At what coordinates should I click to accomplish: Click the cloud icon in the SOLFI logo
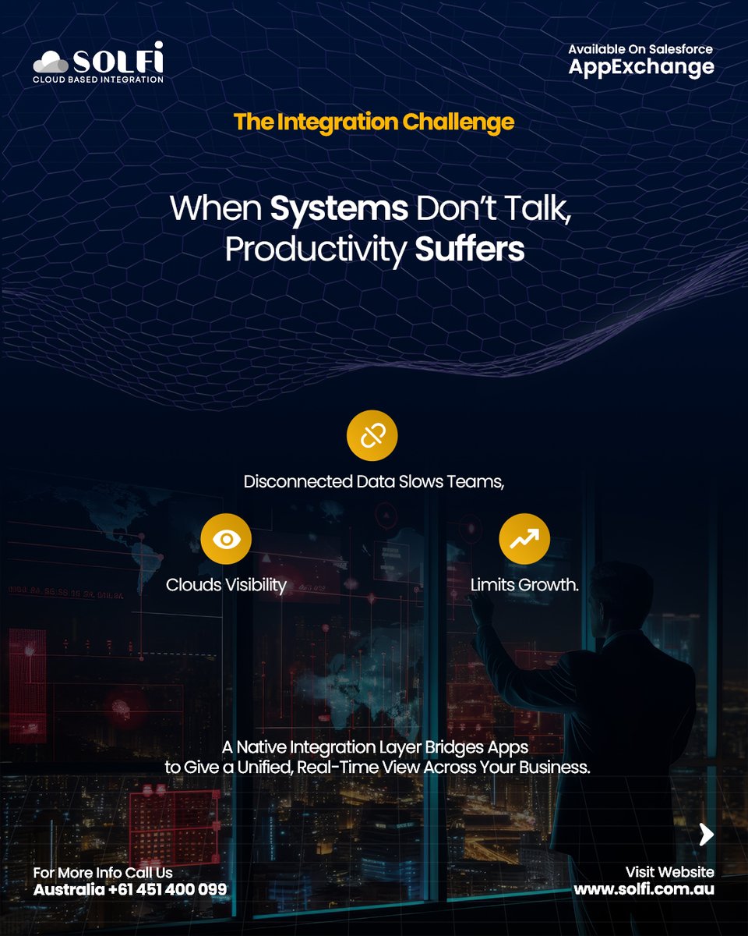(x=51, y=62)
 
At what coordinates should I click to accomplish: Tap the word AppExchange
(x=640, y=67)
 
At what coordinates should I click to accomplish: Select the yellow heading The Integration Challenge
(x=374, y=122)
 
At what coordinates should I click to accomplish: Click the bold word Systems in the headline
(x=339, y=209)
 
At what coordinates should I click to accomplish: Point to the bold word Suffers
(x=469, y=249)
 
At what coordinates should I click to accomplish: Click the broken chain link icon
(x=372, y=436)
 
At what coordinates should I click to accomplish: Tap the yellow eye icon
(x=226, y=539)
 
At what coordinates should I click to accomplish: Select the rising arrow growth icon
(x=524, y=539)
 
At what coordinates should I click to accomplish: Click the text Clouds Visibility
(x=226, y=584)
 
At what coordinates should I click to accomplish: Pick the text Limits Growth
(x=524, y=584)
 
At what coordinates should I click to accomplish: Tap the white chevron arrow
(x=706, y=834)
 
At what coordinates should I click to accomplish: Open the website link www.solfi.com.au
(x=644, y=888)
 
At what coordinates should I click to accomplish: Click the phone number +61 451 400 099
(x=168, y=889)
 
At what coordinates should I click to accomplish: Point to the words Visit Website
(x=669, y=871)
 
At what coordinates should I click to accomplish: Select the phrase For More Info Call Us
(x=103, y=872)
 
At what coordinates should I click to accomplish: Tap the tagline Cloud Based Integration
(x=98, y=79)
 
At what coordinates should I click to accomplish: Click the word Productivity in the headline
(x=316, y=249)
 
